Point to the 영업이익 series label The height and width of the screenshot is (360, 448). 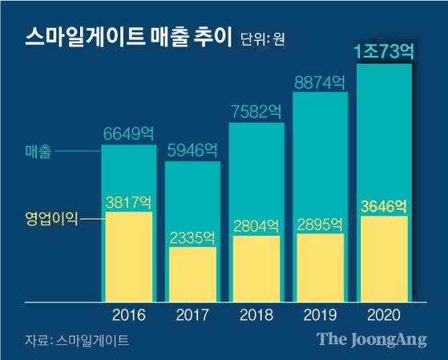point(51,216)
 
